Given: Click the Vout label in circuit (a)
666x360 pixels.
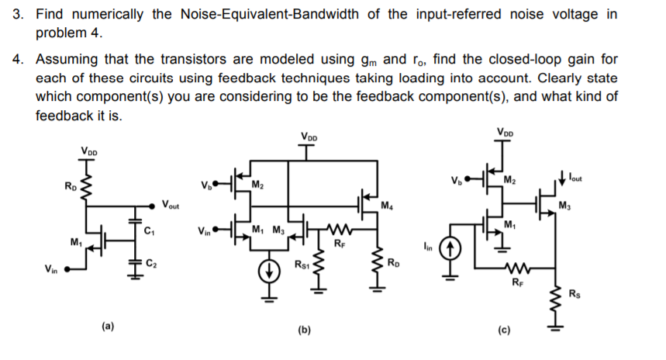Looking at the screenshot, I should [x=171, y=206].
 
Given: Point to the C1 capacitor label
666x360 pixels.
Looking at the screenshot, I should [x=150, y=230].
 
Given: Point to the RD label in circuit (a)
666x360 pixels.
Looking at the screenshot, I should [x=71, y=185].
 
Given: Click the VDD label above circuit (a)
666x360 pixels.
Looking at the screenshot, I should [x=89, y=151].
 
